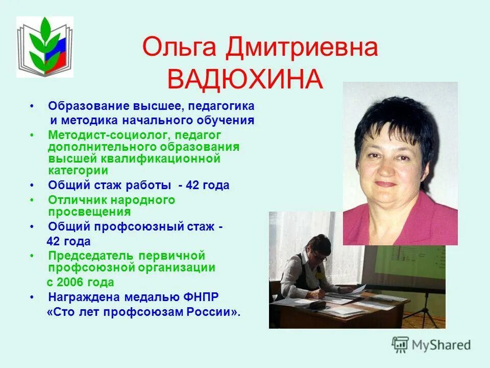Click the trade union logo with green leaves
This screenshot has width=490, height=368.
coord(45,47)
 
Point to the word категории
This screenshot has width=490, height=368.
coord(78,171)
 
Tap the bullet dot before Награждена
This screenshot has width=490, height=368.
coord(33,296)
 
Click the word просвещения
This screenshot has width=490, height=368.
coord(89,212)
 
